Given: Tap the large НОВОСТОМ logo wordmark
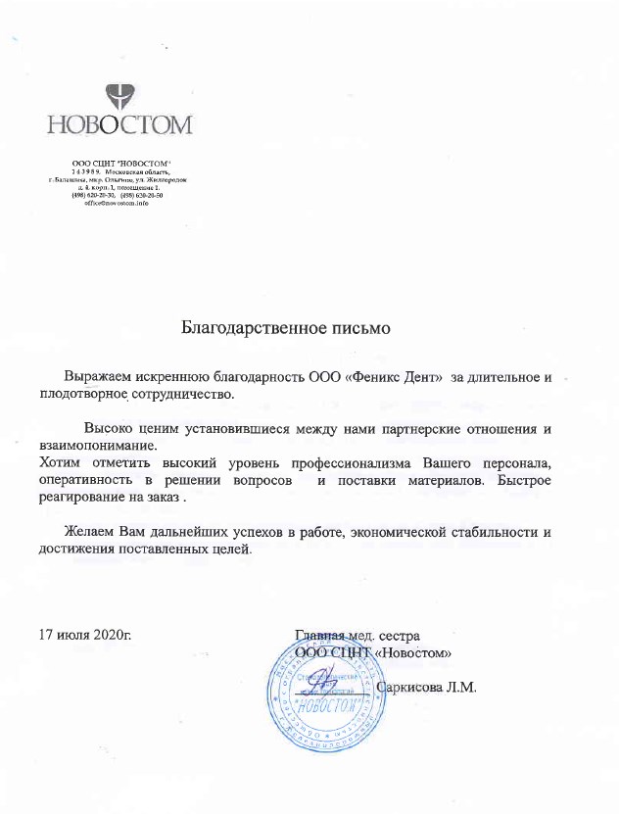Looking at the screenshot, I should pos(120,125).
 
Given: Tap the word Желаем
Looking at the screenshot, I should pos(89,532).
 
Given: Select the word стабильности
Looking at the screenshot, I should pos(486,532).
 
